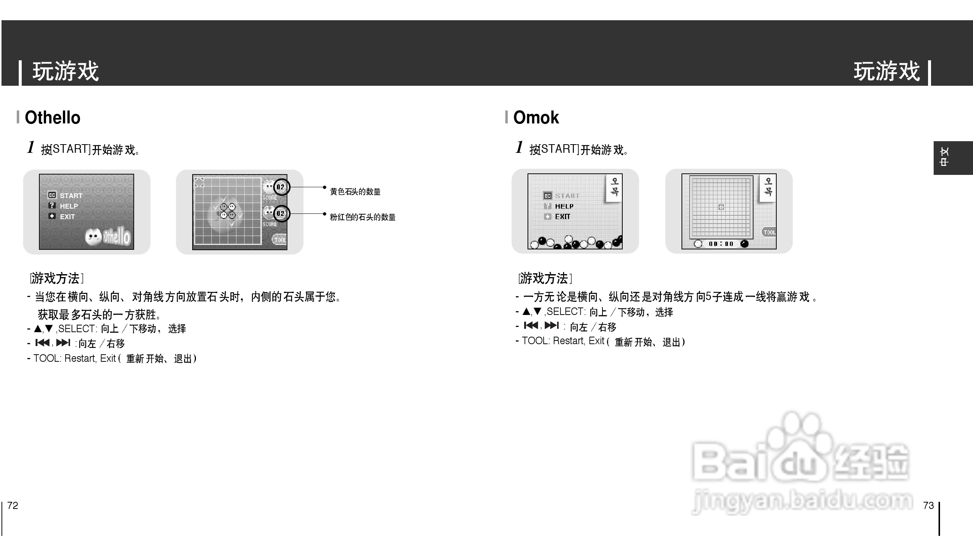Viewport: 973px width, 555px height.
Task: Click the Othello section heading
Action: pyautogui.click(x=52, y=118)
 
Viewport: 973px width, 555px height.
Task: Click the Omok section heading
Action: pyautogui.click(x=536, y=118)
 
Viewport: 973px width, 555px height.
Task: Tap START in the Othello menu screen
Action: pyautogui.click(x=70, y=195)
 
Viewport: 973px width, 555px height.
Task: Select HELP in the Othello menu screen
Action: pyautogui.click(x=69, y=206)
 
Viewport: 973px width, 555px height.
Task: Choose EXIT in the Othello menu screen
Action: pyautogui.click(x=67, y=216)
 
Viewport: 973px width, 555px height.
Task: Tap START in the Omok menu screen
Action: pyautogui.click(x=567, y=196)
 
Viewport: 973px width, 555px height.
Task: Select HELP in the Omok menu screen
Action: pyautogui.click(x=564, y=206)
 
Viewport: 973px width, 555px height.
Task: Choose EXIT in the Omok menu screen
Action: pyautogui.click(x=562, y=216)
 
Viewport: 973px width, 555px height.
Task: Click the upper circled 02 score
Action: pyautogui.click(x=281, y=187)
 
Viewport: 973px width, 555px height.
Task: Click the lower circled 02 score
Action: pyautogui.click(x=281, y=213)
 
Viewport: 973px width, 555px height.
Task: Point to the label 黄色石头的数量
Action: pyautogui.click(x=355, y=192)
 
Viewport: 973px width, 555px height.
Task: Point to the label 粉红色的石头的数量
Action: pyautogui.click(x=362, y=217)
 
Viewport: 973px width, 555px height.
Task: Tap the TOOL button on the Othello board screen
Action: pyautogui.click(x=279, y=240)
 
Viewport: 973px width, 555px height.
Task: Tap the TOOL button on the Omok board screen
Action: pyautogui.click(x=769, y=232)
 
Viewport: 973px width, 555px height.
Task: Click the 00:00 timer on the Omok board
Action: pyautogui.click(x=720, y=244)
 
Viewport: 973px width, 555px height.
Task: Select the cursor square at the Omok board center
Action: pyautogui.click(x=721, y=207)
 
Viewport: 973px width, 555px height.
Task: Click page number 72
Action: pyautogui.click(x=13, y=506)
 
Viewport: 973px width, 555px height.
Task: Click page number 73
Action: pyautogui.click(x=928, y=506)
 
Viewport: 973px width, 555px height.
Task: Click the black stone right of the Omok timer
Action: pyautogui.click(x=744, y=244)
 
